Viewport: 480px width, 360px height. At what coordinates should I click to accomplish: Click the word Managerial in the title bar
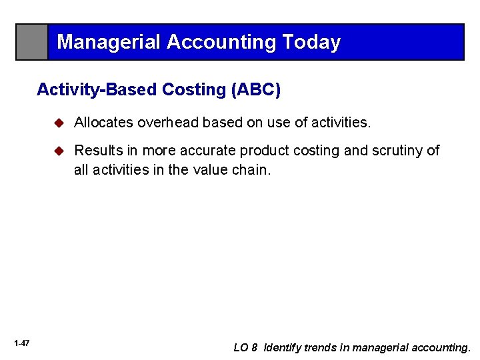tap(109, 43)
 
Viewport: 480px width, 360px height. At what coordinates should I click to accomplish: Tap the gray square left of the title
tap(32, 42)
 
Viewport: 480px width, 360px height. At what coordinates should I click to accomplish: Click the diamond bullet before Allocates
tap(59, 123)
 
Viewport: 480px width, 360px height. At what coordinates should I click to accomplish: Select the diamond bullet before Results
tap(59, 151)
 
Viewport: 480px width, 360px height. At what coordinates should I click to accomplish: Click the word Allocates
tap(103, 123)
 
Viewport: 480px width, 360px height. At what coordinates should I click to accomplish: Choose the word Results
tap(97, 151)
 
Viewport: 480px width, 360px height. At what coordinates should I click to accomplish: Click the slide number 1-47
tap(21, 343)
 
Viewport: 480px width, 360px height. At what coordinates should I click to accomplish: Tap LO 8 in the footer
tap(245, 347)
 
